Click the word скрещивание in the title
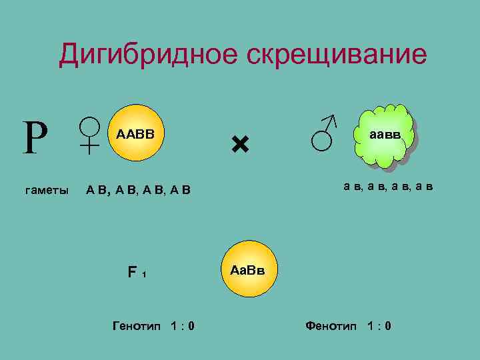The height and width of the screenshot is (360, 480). click(x=337, y=55)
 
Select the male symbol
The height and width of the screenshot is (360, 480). click(x=325, y=132)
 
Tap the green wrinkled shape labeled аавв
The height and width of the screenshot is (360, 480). click(x=385, y=136)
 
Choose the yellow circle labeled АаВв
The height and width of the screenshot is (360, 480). click(x=247, y=271)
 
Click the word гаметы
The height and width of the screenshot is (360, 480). click(x=46, y=191)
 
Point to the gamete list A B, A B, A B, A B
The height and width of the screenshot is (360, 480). click(x=139, y=191)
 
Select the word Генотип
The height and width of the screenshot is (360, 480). click(x=136, y=326)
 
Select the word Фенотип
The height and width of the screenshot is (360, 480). click(x=331, y=326)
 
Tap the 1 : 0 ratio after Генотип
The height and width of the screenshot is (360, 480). click(x=182, y=326)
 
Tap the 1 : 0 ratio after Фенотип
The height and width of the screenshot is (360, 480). click(x=379, y=326)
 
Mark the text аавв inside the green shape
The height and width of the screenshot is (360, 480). click(x=385, y=134)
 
